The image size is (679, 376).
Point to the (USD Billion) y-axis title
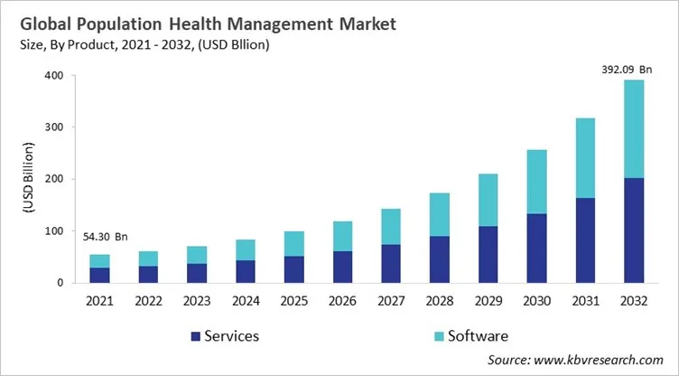(28, 179)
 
